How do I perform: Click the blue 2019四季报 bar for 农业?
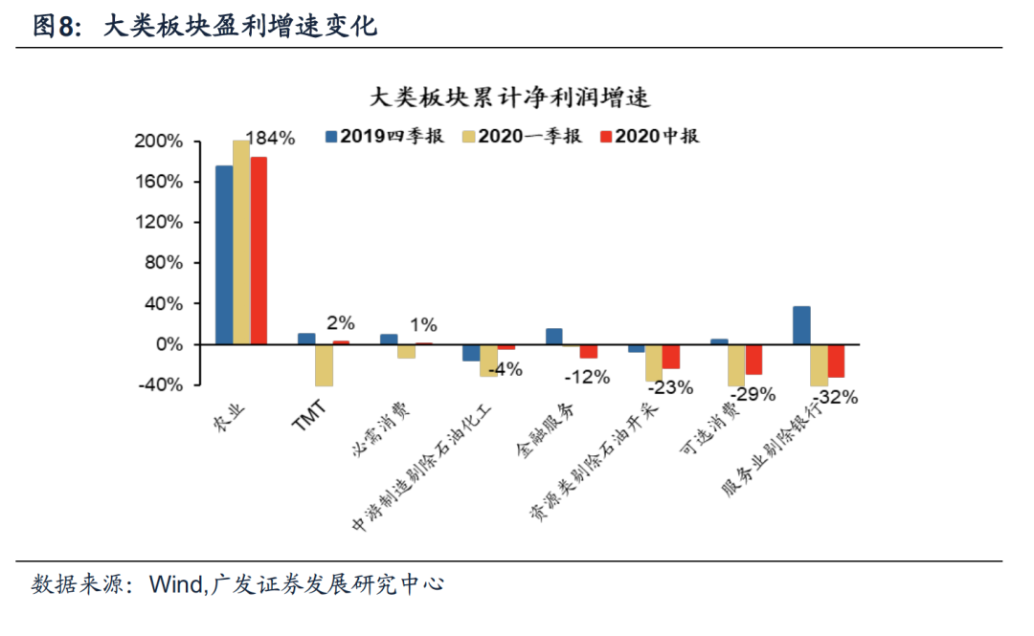pos(223,254)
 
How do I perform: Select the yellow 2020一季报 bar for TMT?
pos(324,364)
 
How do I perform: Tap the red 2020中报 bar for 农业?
pos(258,250)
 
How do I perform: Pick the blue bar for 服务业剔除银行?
pos(801,325)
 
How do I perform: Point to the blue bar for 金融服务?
pos(553,336)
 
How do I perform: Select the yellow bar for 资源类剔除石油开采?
pos(653,362)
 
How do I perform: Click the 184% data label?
pos(270,138)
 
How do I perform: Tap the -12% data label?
pos(586,376)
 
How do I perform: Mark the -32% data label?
pos(834,397)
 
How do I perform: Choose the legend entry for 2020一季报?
pos(522,136)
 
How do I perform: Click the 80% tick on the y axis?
pos(162,263)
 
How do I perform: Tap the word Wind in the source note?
pos(175,584)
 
